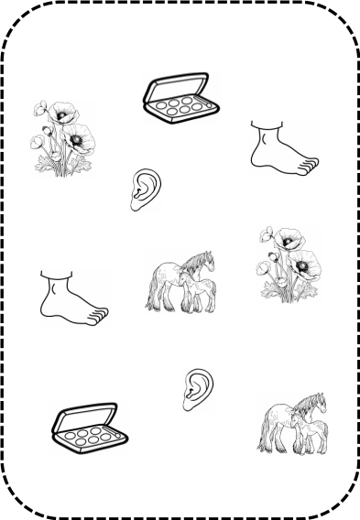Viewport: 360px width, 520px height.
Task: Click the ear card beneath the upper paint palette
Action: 146,190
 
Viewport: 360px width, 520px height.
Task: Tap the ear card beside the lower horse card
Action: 198,390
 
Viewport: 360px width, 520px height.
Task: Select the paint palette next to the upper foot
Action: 181,98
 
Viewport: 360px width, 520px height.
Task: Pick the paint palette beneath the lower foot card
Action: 90,428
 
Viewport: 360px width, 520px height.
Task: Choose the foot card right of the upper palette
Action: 285,148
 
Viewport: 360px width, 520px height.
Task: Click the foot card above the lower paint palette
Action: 75,298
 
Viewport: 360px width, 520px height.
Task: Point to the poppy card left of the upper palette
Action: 62,139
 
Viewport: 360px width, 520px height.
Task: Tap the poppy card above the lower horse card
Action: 289,265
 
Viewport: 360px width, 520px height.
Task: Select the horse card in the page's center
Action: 180,282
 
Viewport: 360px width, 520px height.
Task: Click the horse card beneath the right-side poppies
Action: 292,424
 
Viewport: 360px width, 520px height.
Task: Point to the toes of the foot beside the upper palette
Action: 310,166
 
